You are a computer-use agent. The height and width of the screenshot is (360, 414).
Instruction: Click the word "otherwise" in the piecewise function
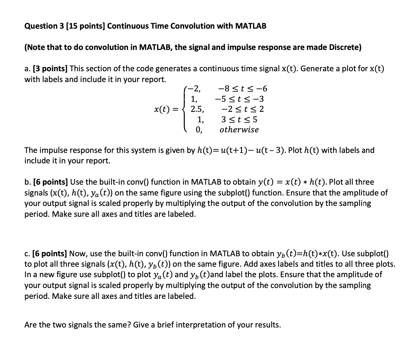[x=239, y=130]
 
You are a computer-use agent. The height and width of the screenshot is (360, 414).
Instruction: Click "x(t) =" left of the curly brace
[x=167, y=109]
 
